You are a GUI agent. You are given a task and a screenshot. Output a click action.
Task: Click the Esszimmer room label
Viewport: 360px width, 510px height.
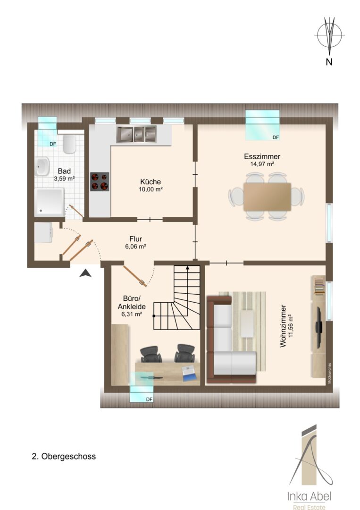tap(262, 156)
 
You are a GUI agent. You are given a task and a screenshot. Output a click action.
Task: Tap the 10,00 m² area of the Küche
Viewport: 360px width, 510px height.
tap(151, 189)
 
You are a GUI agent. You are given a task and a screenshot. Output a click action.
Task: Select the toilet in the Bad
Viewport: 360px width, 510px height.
tap(69, 144)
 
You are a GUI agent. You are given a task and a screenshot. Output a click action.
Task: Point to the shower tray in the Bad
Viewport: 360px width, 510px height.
tap(49, 202)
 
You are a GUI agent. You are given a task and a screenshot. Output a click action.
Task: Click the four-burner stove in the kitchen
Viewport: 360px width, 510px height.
tap(100, 181)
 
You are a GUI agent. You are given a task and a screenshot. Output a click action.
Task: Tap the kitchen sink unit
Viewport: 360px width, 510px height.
tap(136, 134)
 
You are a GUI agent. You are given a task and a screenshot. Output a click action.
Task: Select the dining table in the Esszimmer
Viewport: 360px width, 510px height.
tap(267, 196)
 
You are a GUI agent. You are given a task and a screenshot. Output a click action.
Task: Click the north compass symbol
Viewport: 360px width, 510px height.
tap(329, 35)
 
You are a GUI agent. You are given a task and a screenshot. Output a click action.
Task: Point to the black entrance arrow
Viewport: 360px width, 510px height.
tap(85, 273)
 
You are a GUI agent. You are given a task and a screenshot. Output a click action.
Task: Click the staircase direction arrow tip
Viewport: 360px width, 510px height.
tap(187, 267)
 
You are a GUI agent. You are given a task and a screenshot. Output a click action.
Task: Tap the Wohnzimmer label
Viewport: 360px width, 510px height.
tap(283, 326)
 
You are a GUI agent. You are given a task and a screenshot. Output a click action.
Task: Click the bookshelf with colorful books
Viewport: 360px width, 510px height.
tap(319, 286)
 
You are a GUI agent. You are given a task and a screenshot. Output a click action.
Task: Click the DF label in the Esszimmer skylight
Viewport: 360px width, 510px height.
tap(276, 137)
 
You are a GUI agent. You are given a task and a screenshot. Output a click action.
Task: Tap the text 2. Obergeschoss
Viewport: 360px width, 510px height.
tap(64, 456)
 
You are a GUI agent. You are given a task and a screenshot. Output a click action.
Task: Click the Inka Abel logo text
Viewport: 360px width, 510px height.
tap(309, 496)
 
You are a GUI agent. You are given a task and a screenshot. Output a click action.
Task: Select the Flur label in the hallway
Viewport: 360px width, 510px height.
tap(135, 239)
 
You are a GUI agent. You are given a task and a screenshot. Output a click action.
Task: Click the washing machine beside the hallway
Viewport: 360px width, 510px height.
tap(43, 232)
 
